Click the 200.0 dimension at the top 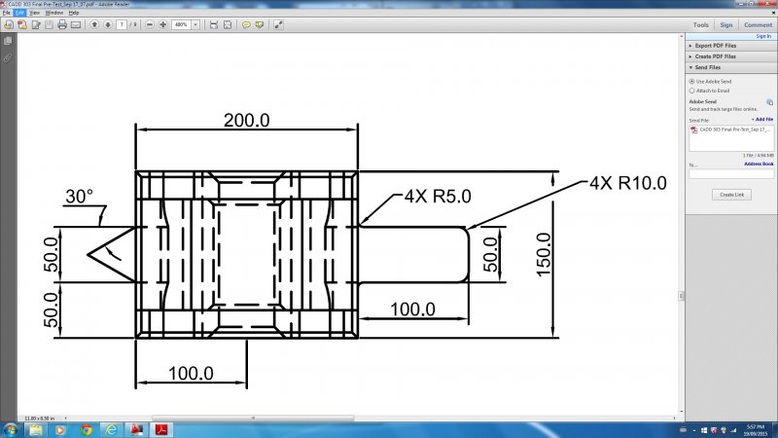(246, 120)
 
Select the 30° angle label (79, 196)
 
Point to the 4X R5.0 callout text (438, 197)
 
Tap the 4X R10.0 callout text (627, 182)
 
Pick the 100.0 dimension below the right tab (412, 310)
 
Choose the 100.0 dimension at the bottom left (191, 373)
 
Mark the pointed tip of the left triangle (88, 255)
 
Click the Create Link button (731, 195)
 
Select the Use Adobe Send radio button (691, 81)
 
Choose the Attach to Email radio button (691, 91)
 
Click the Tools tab (700, 24)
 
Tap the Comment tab (758, 24)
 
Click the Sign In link (763, 36)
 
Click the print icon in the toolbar (62, 24)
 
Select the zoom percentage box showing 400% (180, 24)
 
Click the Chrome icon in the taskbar (87, 429)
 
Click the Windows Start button (12, 429)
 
